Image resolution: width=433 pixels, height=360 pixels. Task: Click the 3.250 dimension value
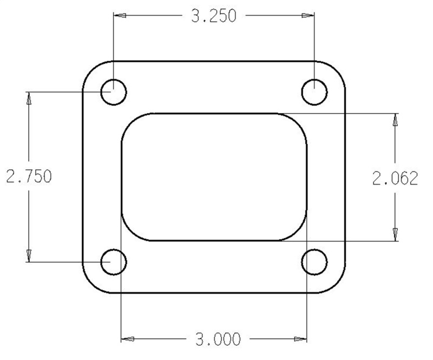214,17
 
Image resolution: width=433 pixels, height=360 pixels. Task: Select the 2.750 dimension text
28,177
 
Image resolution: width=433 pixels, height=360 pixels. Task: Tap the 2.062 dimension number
395,178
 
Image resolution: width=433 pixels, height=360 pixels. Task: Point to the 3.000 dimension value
214,341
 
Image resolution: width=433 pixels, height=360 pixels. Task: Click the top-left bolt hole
114,92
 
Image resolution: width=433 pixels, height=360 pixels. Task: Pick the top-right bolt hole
315,92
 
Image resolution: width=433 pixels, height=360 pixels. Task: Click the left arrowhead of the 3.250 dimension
120,17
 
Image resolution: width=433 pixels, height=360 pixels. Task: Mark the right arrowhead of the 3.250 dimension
309,17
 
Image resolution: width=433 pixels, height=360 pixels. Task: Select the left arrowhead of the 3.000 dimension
128,341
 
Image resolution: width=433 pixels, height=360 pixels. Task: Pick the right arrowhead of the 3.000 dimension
300,341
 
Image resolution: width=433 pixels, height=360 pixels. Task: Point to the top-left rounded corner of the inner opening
129,121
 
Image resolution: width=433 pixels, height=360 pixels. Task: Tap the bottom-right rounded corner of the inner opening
299,233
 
